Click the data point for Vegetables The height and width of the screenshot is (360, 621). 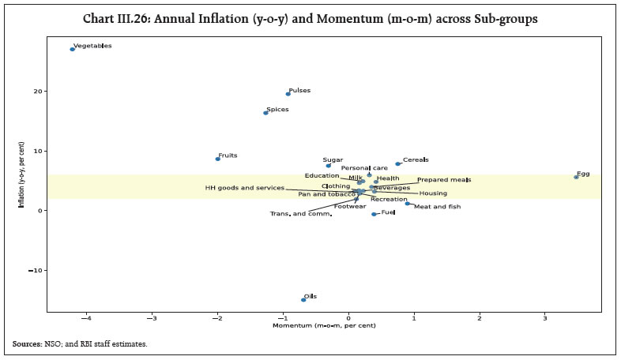point(72,49)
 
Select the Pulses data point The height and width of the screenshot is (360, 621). point(288,94)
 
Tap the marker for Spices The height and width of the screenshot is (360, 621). point(265,113)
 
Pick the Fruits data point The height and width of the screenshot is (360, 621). point(217,159)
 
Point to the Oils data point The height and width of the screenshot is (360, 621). point(303,299)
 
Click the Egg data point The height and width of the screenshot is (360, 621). point(576,177)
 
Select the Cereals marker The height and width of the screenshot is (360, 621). point(398,164)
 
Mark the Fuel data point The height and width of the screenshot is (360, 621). point(374,214)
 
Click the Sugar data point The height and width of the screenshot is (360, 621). point(329,166)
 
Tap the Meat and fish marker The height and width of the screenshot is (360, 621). point(408,204)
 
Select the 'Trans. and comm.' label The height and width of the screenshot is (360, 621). point(300,214)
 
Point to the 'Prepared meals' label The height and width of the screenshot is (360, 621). point(445,180)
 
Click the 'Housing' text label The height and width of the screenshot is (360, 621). point(433,193)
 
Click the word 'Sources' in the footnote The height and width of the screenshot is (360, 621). point(27,344)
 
